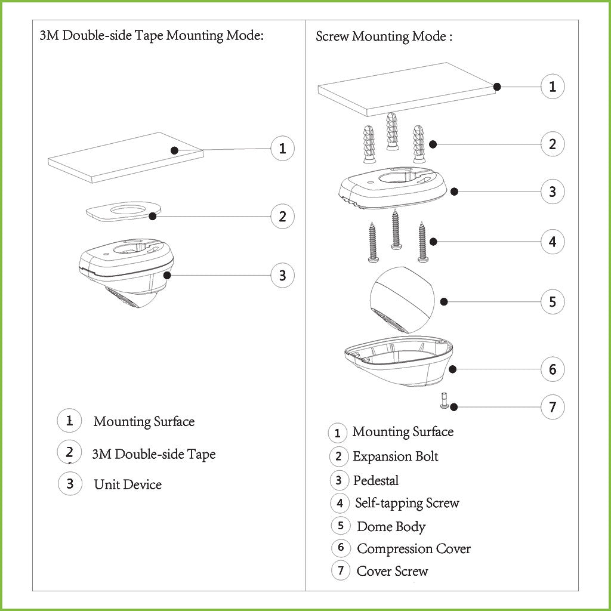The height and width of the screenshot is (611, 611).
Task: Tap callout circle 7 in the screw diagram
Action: click(x=553, y=407)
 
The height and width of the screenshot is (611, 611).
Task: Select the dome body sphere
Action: click(x=402, y=300)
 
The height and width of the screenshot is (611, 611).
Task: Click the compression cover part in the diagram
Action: click(x=399, y=361)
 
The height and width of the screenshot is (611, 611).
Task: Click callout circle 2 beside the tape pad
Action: click(x=282, y=216)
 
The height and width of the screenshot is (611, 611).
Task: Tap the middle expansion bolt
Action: click(x=393, y=131)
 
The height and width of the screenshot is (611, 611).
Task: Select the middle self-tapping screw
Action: click(x=396, y=229)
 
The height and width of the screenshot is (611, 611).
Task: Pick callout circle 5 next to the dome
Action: click(x=553, y=301)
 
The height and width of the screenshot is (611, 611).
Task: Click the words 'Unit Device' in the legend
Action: click(x=128, y=485)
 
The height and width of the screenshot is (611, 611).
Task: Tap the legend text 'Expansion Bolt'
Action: click(x=396, y=456)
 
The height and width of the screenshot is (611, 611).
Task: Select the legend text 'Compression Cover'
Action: click(x=414, y=549)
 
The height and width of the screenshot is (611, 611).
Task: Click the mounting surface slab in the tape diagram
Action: click(x=125, y=158)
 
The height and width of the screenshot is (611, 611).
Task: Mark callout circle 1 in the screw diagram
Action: click(x=553, y=87)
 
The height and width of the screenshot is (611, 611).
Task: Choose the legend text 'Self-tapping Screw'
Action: click(x=407, y=503)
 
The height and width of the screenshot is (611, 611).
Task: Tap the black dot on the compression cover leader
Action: click(x=452, y=369)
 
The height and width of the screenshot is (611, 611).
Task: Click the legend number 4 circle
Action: click(x=340, y=503)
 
